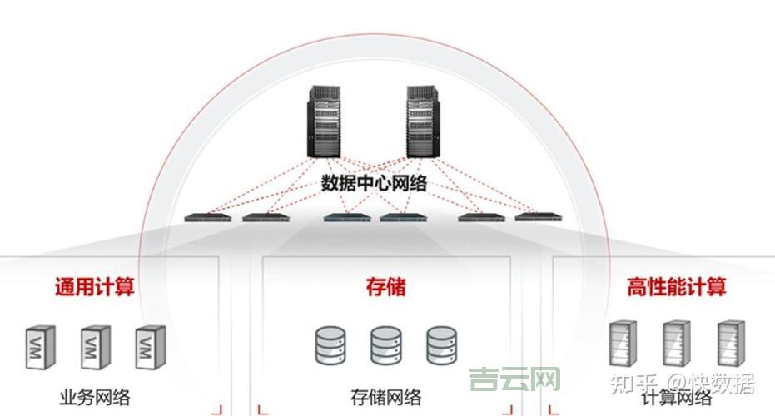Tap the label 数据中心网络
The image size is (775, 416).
point(374,183)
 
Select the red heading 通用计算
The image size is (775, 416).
point(94,288)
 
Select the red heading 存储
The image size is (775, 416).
point(386,288)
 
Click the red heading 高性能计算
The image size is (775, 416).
point(676,288)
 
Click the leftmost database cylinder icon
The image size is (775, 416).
point(330,346)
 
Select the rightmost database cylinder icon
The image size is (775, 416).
point(441,346)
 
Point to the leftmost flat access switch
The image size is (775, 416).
point(207,218)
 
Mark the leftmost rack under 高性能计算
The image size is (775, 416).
point(623,344)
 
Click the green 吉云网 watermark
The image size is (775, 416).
point(514,382)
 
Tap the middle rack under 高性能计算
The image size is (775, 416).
point(676,344)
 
